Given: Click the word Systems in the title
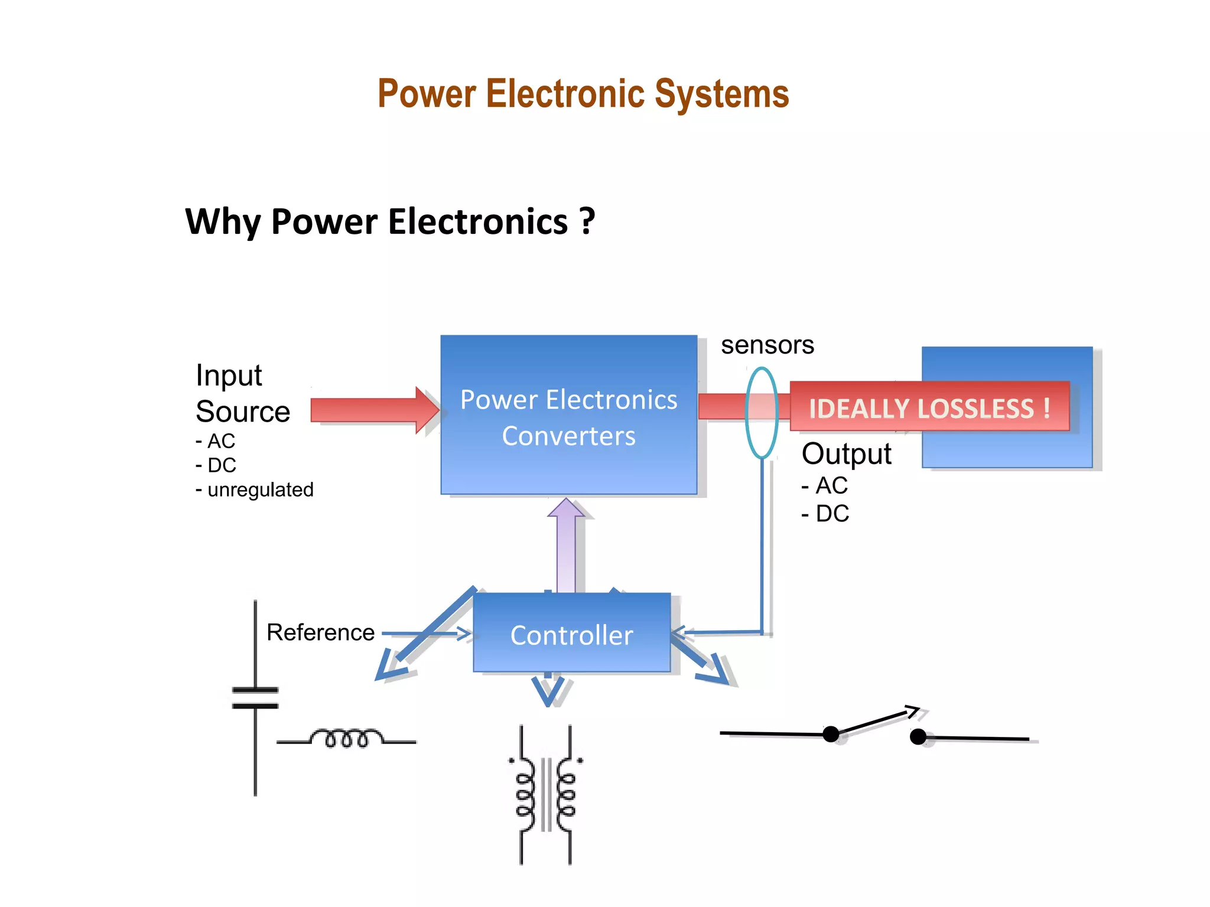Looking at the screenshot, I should coord(721,94).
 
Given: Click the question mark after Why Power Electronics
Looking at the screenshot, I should coord(587,222).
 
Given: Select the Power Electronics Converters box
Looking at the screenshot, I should coord(568,415).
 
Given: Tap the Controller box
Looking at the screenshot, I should coord(571,634).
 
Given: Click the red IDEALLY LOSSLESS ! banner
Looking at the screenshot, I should coord(929,407).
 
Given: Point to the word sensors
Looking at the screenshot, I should coord(767,345).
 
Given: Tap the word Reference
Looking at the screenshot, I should coord(320,632).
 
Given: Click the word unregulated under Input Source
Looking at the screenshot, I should coord(260,490).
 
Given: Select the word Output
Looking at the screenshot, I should coord(846,454).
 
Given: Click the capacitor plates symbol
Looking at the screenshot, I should coord(255,698).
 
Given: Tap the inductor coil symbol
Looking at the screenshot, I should coord(346,739).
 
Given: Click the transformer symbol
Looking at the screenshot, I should coord(545,794).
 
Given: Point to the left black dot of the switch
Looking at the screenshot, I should coord(831,734).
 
